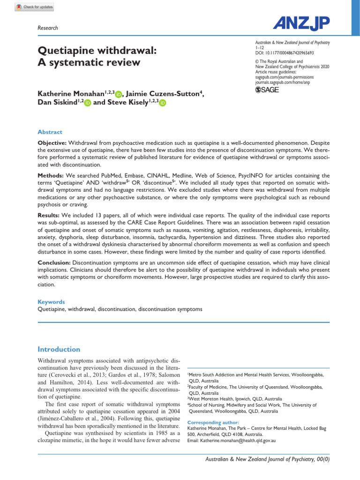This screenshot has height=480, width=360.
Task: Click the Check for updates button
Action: [34, 7]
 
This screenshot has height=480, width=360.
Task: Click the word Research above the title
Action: [47, 28]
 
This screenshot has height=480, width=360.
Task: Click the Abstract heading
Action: [50, 132]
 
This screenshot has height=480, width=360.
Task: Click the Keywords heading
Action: [51, 302]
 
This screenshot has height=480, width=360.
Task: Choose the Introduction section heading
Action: [59, 349]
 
